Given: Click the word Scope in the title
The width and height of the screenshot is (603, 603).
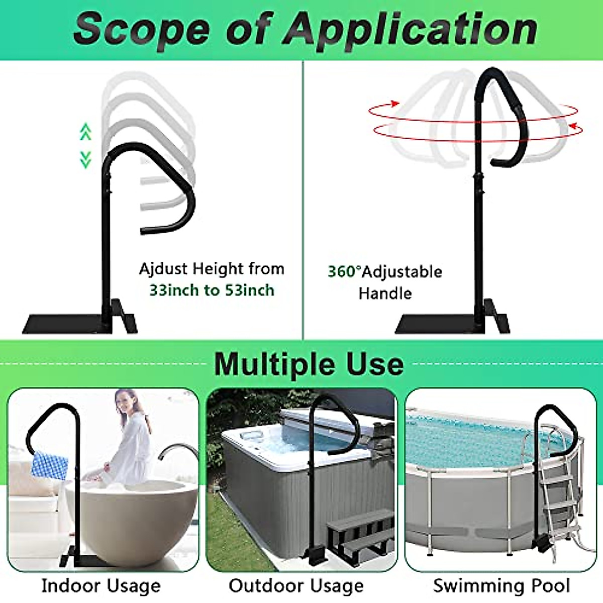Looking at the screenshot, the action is click(142, 29).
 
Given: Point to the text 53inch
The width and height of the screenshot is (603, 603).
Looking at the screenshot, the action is click(249, 290).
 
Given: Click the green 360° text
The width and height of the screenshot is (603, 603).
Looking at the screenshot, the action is click(344, 272).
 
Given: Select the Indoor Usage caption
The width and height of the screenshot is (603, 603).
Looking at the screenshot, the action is click(101, 586).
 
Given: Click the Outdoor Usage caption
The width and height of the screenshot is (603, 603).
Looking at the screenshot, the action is click(296, 586).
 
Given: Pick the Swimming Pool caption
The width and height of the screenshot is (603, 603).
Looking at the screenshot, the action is click(501, 586).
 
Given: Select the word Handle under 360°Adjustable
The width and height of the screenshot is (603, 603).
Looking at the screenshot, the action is click(385, 293).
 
